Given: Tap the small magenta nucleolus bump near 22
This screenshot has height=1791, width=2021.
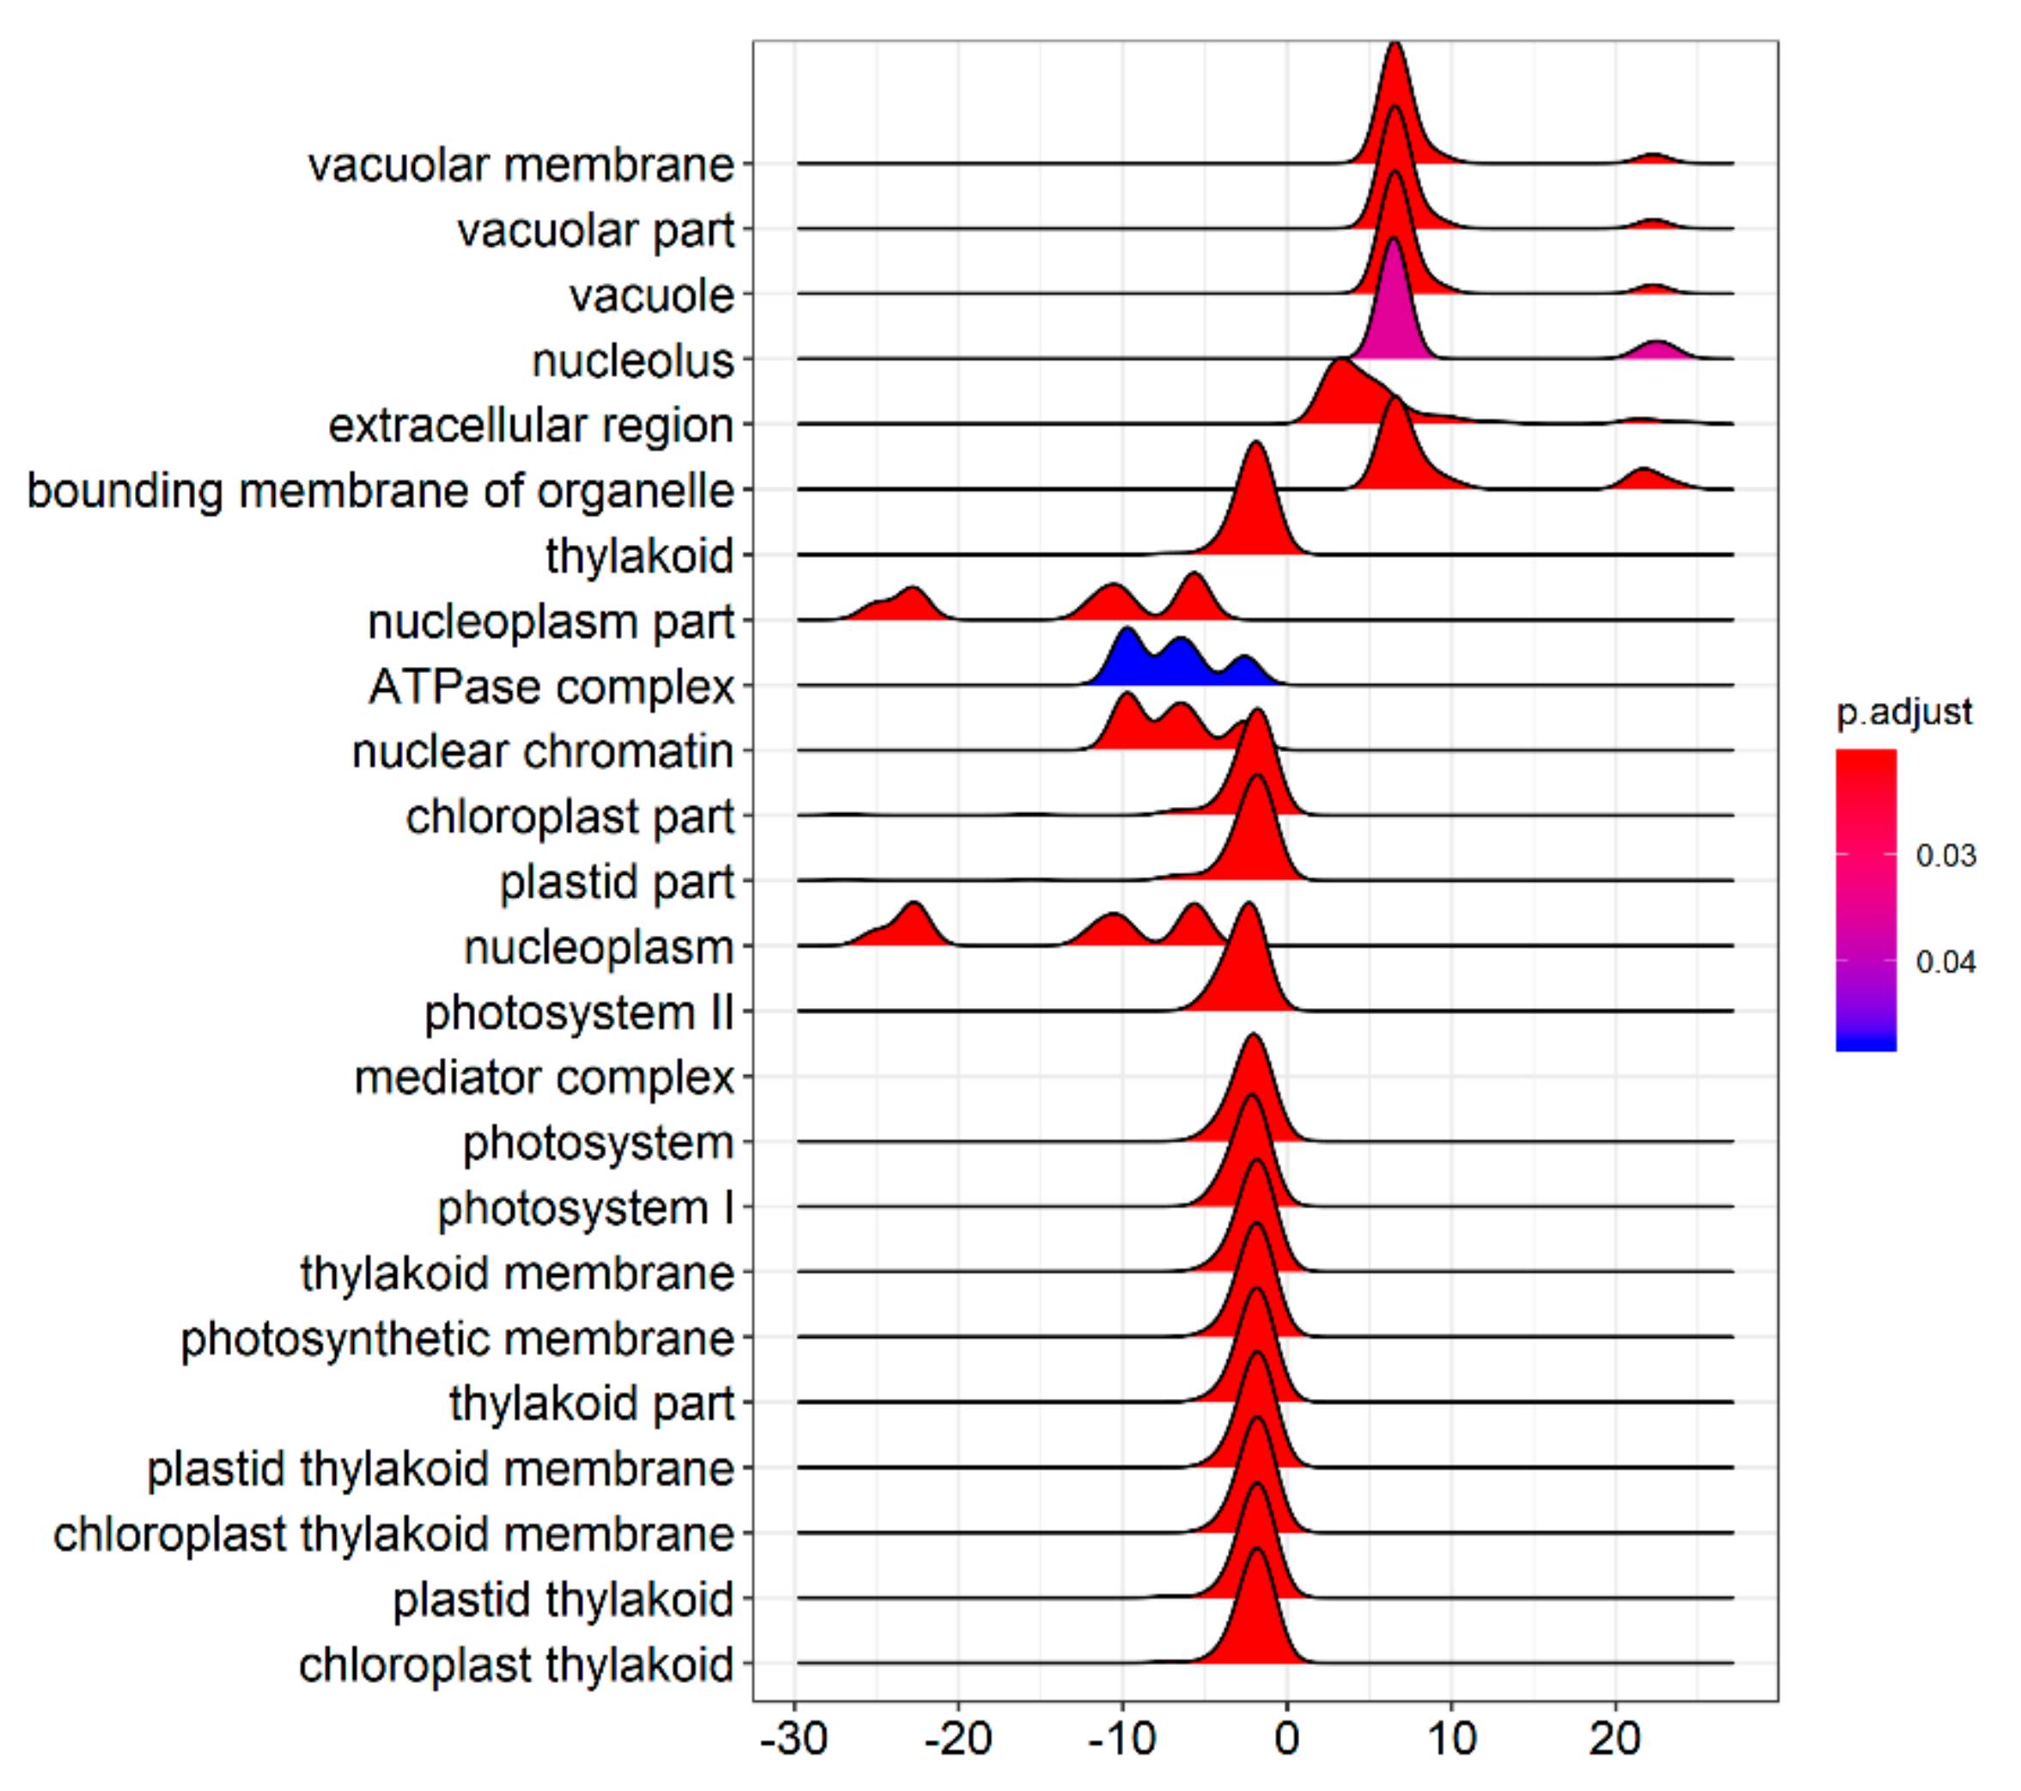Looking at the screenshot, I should [x=1658, y=351].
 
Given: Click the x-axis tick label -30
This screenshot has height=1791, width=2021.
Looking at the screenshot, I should [x=794, y=1738].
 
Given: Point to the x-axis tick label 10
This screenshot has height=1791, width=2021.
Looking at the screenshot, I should [x=1450, y=1738].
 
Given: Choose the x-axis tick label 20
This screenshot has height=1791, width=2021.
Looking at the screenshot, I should [x=1615, y=1738].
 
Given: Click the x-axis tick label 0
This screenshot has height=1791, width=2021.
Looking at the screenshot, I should [x=1286, y=1738].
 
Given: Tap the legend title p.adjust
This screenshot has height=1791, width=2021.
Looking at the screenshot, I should [x=1903, y=712].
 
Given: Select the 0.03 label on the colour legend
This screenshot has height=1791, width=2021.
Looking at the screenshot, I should [x=1945, y=855].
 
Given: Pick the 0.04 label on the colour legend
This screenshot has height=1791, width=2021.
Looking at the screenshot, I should [x=1945, y=963].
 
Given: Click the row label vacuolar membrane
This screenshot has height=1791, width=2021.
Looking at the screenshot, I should [x=521, y=165].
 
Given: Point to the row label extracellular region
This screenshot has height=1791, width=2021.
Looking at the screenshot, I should [x=531, y=426].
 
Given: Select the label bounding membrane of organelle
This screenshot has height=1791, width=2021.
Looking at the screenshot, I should [x=381, y=492].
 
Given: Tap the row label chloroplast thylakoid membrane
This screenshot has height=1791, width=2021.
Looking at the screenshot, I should [x=394, y=1535].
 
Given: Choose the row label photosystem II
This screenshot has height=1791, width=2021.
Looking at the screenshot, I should [x=579, y=1012].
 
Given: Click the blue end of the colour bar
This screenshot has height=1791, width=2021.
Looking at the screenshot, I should [x=1865, y=1038].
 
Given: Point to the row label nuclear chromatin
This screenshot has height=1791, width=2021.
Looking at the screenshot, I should [x=543, y=752].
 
